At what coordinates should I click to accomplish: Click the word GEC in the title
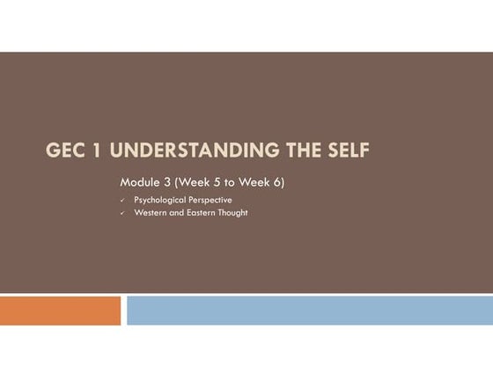point(66,150)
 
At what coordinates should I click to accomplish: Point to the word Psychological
point(159,201)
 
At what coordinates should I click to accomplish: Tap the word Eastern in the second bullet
point(200,213)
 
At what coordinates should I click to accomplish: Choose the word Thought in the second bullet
point(232,213)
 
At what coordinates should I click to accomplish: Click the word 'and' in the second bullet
point(176,213)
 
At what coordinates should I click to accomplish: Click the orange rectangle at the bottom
point(60,311)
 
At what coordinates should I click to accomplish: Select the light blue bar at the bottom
point(309,311)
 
